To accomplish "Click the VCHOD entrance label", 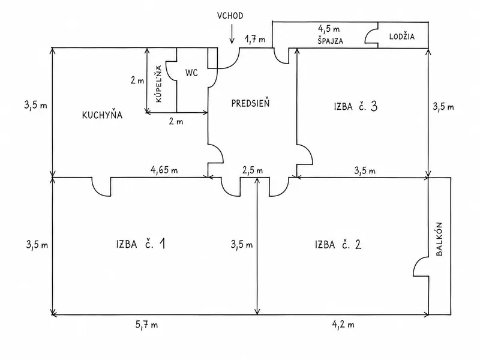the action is (x=230, y=16).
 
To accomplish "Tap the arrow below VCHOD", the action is (x=232, y=34).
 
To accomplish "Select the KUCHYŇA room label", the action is (x=102, y=115).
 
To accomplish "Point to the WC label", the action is (x=191, y=73).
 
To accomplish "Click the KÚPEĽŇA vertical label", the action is (x=159, y=84).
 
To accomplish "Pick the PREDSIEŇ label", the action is (x=250, y=103).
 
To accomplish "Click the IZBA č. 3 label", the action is (x=355, y=106).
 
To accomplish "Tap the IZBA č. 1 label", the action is (x=141, y=244).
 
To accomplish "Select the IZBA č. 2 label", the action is (x=338, y=245).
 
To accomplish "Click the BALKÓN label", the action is (x=439, y=239).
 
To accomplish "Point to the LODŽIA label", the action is (x=402, y=37).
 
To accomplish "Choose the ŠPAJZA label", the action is (x=331, y=41).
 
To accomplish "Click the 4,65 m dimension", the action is (x=164, y=170).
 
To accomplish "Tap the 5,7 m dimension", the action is (x=146, y=325).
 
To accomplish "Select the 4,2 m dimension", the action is (x=343, y=324).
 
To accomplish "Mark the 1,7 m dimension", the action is (x=254, y=39).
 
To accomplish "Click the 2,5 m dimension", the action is (x=253, y=170).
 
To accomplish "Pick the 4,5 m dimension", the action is (x=329, y=29).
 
